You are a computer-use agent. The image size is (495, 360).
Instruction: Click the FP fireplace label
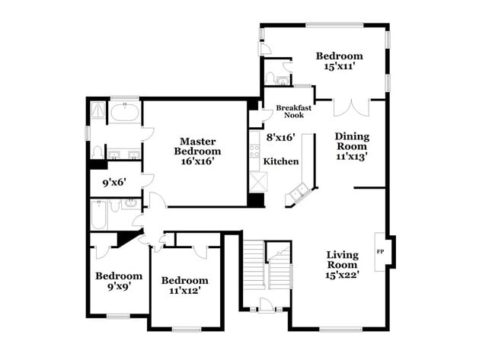point(380,250)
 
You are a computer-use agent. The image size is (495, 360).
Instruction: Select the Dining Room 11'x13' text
point(352,146)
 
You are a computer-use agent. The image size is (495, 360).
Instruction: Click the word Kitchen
point(281,161)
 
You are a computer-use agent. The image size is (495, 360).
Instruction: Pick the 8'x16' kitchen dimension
point(280,138)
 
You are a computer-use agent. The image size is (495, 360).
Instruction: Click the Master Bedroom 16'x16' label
point(198,150)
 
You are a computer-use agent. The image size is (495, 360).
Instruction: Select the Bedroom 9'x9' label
point(118,282)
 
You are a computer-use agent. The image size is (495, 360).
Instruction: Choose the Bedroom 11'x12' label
point(184,285)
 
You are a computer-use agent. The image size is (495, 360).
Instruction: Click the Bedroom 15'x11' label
point(340,61)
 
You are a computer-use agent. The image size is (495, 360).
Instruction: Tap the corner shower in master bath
point(97,113)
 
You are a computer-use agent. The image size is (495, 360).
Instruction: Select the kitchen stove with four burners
point(256,147)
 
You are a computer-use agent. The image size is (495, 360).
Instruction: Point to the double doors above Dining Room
point(350,107)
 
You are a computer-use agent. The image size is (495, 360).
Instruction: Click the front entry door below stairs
point(266,306)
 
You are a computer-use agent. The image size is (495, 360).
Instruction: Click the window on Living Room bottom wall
point(339,329)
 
